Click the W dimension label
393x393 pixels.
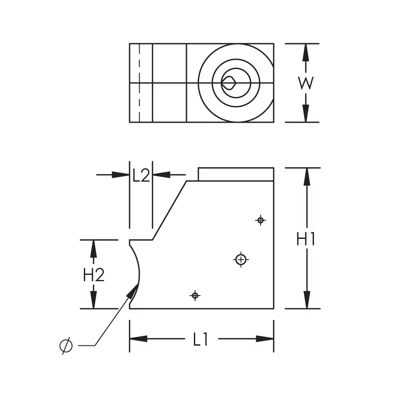(306, 83)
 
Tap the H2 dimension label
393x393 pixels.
(94, 275)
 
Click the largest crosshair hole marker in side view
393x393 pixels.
(241, 260)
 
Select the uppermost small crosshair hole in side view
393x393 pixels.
(260, 220)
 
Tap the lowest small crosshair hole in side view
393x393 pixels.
(195, 296)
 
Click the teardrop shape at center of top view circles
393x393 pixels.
(229, 83)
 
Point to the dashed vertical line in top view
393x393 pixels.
(139, 83)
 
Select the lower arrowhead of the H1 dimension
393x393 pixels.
(307, 300)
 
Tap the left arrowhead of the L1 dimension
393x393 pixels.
(138, 339)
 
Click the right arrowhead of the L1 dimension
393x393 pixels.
(265, 339)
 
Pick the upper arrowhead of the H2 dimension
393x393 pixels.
(93, 249)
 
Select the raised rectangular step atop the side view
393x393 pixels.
(236, 174)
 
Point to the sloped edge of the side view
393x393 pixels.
(170, 210)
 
